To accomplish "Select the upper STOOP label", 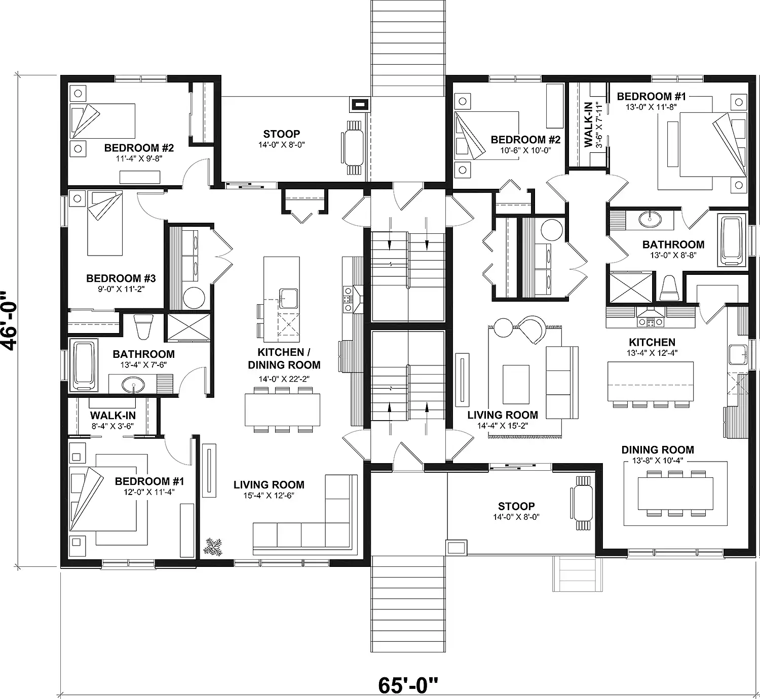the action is [x=282, y=134].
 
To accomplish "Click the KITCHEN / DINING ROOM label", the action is [x=284, y=358].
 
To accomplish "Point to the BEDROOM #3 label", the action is [x=121, y=278].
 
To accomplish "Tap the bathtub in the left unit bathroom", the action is [x=84, y=366].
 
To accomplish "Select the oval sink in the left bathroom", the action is [x=133, y=386].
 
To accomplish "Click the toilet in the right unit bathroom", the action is [x=669, y=289].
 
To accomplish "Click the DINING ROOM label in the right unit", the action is [x=658, y=450].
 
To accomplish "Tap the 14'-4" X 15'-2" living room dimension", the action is [x=503, y=426].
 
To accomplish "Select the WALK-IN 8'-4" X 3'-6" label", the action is [x=113, y=420].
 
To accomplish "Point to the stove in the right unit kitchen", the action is [x=651, y=322].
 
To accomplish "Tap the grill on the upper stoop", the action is [x=359, y=104].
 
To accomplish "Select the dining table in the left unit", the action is [x=283, y=410].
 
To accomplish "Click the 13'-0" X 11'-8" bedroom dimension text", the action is [x=651, y=107].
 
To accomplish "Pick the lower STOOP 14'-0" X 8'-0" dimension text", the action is [x=516, y=517].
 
